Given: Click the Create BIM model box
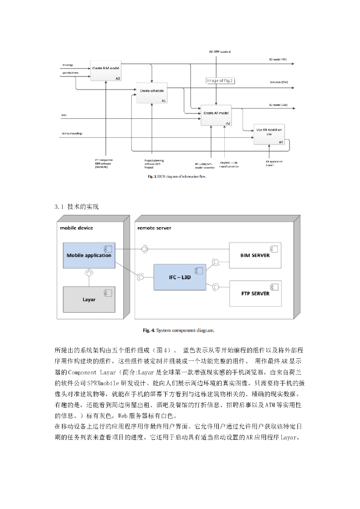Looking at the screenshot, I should pos(106,71).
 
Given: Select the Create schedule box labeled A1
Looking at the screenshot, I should pos(152,93).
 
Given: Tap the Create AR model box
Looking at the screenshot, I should pos(215,115).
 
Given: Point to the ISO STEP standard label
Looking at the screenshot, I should pos(219,51).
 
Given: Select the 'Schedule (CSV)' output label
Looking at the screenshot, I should pos(279,82).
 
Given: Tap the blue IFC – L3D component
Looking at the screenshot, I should pos(179,276).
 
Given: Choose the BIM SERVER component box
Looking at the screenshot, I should pos(255,255).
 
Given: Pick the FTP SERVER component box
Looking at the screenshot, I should pos(255,293).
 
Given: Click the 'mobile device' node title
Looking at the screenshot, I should pos(77,228).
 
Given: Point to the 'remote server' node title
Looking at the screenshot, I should pos(154,228).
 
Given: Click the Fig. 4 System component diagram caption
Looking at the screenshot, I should pos(180,330).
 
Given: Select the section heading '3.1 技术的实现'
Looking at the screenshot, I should pos(77,206).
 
